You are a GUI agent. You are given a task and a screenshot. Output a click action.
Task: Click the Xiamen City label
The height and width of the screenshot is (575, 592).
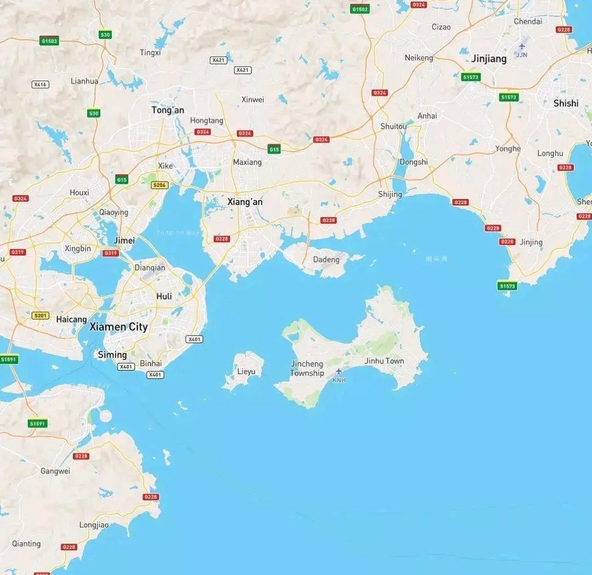click(x=119, y=327)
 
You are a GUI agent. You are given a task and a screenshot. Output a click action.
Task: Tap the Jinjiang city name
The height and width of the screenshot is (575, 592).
click(x=489, y=59)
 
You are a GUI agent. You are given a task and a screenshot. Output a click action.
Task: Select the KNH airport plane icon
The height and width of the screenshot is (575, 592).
click(x=339, y=371)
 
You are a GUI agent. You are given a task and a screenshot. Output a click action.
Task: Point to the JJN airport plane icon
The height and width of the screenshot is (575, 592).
click(x=521, y=46)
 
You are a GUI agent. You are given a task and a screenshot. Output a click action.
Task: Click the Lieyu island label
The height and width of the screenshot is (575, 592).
click(x=246, y=372)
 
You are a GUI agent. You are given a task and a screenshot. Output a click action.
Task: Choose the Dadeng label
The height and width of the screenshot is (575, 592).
click(x=326, y=260)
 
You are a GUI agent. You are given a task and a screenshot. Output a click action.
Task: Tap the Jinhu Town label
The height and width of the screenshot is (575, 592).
click(x=384, y=361)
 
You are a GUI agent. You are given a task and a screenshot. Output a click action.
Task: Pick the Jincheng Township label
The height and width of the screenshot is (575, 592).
click(x=307, y=368)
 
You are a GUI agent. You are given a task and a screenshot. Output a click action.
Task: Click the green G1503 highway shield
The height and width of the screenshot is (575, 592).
click(x=49, y=41)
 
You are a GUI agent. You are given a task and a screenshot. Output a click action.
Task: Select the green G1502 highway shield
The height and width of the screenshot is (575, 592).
click(x=360, y=9)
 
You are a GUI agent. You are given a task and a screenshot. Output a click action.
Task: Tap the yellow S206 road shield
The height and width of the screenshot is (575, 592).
click(x=159, y=185)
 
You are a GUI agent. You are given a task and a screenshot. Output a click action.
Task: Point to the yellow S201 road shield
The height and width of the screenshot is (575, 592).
click(x=40, y=315)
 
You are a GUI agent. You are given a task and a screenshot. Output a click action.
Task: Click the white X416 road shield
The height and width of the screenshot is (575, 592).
click(x=40, y=84)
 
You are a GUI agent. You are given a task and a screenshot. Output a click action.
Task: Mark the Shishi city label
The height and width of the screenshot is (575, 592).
click(x=565, y=103)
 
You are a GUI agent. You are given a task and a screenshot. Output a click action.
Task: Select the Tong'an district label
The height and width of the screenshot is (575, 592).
click(x=168, y=110)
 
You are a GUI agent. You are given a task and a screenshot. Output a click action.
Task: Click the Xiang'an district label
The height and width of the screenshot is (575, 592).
click(x=245, y=202)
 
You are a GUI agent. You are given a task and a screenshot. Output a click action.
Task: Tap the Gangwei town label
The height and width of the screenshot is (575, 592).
click(x=55, y=471)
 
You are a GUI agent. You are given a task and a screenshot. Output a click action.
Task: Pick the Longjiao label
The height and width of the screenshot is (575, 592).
click(x=94, y=525)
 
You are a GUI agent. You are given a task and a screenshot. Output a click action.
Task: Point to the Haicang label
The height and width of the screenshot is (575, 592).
click(x=71, y=319)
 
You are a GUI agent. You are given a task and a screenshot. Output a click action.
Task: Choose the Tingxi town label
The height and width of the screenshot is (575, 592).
click(x=150, y=53)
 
